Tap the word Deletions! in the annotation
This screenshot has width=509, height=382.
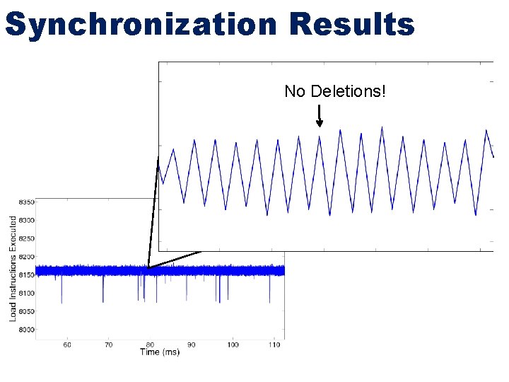click(350, 91)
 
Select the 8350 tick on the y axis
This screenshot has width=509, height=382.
click(25, 202)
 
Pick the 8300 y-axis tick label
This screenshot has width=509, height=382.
click(25, 220)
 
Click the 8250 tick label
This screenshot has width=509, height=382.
click(25, 238)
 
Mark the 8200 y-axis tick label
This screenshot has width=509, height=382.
click(25, 257)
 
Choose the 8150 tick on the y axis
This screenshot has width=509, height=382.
click(25, 275)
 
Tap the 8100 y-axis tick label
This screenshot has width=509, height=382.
click(25, 293)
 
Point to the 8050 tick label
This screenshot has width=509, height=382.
click(25, 311)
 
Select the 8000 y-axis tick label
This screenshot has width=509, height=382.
click(25, 330)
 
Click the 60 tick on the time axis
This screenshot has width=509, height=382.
click(66, 345)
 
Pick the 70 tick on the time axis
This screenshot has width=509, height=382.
click(108, 345)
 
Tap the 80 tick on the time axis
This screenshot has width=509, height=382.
click(150, 345)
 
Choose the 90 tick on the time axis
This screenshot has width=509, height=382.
click(192, 345)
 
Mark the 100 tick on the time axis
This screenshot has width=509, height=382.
click(233, 345)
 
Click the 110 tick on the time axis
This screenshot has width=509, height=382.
click(274, 345)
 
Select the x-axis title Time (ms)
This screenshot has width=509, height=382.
click(159, 352)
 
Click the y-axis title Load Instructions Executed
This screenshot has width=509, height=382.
click(13, 269)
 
